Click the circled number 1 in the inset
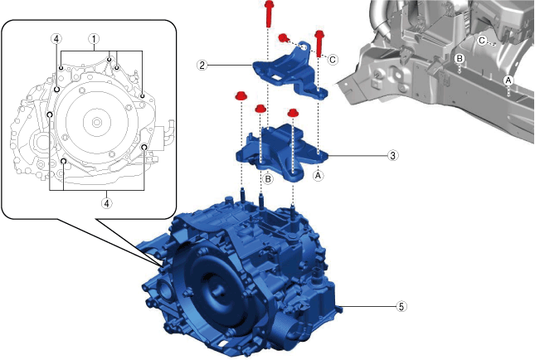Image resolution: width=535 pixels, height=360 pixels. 95,39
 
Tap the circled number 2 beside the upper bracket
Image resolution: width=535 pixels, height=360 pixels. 202,64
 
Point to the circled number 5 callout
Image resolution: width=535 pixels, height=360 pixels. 401,306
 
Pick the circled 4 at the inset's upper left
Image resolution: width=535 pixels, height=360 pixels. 55,39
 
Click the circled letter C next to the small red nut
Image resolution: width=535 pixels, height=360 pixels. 333,59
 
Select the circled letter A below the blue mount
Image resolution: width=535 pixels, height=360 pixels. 317,175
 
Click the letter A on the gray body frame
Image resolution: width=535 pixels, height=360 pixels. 508,79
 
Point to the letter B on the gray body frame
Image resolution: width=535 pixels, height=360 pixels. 459,58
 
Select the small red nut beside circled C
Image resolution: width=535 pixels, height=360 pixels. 284,37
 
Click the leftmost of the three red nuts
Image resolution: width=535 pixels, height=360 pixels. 241,96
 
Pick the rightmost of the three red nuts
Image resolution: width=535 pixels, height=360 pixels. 293,113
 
